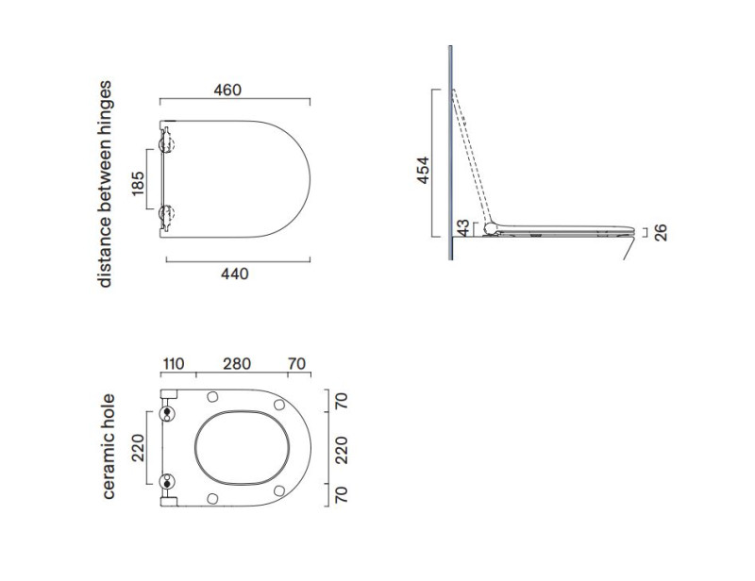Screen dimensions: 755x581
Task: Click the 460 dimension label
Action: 227,90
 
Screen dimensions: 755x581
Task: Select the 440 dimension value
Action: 234,274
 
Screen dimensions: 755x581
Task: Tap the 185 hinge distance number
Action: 138,183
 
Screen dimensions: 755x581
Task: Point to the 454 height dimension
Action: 423,170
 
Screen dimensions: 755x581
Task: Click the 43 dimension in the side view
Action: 462,227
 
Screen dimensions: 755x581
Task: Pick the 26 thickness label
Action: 662,233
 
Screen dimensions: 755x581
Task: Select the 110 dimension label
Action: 174,364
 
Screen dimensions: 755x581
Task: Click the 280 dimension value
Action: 237,364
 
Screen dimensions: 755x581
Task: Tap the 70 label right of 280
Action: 296,364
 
